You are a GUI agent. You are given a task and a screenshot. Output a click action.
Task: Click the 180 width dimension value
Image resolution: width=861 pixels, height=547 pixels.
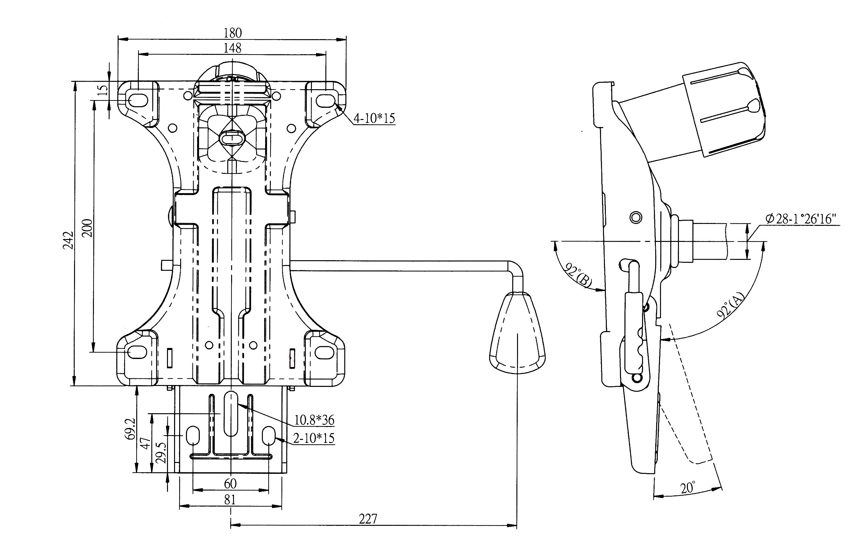pyautogui.click(x=233, y=33)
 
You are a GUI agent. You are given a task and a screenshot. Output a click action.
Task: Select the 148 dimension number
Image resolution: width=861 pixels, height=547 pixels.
pyautogui.click(x=232, y=48)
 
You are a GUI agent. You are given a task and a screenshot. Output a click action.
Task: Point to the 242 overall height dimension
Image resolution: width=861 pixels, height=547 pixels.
pyautogui.click(x=68, y=240)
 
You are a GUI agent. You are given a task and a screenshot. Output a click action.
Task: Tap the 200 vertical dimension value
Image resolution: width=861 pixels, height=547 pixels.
pyautogui.click(x=87, y=228)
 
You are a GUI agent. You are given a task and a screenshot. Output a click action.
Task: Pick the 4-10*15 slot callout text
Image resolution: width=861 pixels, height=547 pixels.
pyautogui.click(x=374, y=118)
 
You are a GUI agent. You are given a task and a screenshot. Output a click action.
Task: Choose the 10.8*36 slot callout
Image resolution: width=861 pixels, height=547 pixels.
pyautogui.click(x=314, y=420)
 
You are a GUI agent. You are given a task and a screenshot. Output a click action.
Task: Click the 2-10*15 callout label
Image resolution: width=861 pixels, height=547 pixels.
pyautogui.click(x=314, y=438)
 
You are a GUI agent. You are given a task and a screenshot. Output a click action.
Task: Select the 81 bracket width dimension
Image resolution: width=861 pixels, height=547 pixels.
pyautogui.click(x=230, y=500)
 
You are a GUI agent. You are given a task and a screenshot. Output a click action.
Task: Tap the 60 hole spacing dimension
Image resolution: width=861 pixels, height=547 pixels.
pyautogui.click(x=230, y=484)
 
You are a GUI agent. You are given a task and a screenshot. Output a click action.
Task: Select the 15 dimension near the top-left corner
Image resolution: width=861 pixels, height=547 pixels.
pyautogui.click(x=103, y=90)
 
